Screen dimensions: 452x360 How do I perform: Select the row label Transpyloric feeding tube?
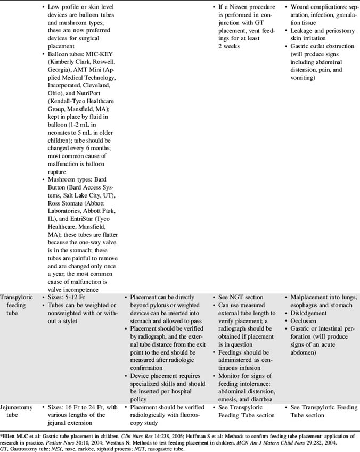[x=19, y=301]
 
